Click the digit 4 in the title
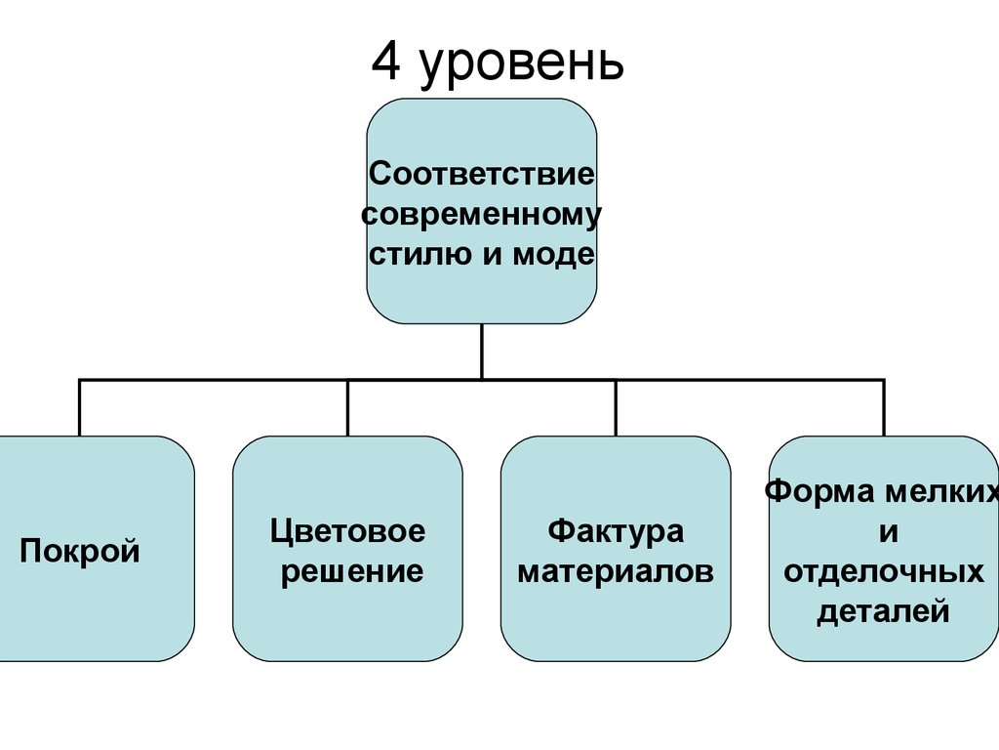coord(386,62)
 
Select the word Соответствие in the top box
coord(482,174)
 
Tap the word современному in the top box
coord(482,215)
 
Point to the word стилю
coord(421,254)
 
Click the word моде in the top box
coord(554,255)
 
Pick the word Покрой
coord(80,551)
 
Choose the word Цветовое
coord(348,532)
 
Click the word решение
coord(352,572)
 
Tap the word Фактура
coord(616,532)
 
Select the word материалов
coord(616,571)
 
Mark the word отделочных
coord(884,572)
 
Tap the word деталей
coord(884,611)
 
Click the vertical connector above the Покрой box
coord(80,407)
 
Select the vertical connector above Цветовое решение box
coord(348,407)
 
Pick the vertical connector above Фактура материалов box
coord(616,407)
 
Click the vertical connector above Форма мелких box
coord(884,407)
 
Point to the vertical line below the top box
coord(482,352)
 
